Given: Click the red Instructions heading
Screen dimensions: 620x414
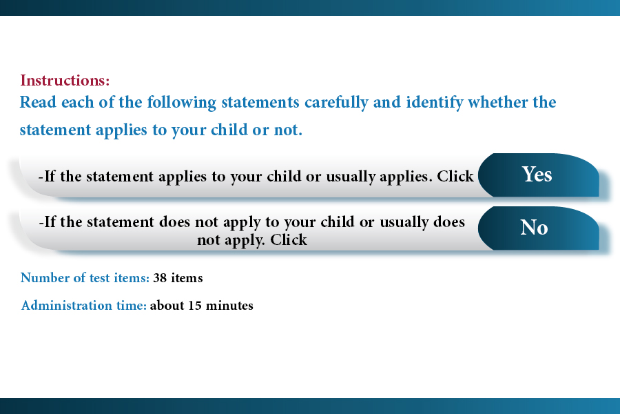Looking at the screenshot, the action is point(65,81).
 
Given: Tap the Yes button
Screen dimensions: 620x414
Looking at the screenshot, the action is point(539,175).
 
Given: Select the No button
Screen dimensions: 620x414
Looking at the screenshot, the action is point(539,228).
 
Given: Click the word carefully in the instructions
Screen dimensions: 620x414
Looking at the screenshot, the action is point(336,103).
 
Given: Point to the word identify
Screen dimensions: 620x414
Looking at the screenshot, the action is point(435,103).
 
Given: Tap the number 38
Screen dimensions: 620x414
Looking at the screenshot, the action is point(160,278).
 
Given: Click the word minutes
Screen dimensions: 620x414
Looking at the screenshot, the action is point(229,306).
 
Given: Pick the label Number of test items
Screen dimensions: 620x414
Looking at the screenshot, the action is point(85,277).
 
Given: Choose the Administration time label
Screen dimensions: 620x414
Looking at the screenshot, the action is point(84,306).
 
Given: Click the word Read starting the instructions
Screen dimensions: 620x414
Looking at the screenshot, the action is point(38,102).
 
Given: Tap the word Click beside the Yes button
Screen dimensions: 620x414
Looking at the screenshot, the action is point(455,177).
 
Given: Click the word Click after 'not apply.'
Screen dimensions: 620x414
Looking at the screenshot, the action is point(289,239).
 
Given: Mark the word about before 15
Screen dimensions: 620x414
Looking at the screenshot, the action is point(167,306).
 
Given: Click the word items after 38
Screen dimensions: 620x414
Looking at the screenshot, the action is point(187,278).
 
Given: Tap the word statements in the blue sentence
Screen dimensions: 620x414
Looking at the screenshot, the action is point(260,103).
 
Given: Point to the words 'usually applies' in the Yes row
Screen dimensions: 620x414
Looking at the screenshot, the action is point(379,177).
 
